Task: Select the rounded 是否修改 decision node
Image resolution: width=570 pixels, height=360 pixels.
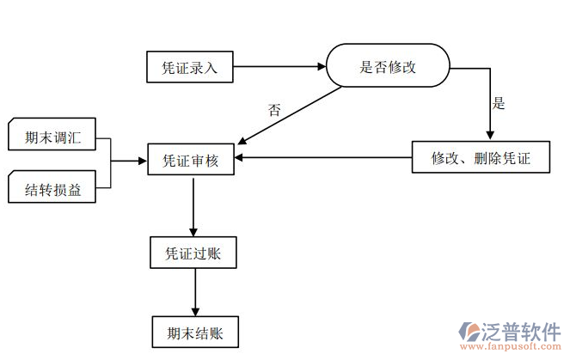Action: (387, 67)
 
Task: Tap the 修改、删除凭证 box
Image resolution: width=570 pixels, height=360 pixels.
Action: (481, 157)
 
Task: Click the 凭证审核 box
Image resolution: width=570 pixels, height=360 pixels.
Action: (190, 159)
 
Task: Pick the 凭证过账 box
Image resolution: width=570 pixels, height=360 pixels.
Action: (193, 253)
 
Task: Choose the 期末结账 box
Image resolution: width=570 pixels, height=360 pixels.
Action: (193, 332)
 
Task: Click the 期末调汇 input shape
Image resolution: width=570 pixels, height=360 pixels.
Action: (52, 137)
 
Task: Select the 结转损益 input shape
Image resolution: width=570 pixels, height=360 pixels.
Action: (52, 189)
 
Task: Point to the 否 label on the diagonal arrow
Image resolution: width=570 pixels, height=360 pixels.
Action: (274, 110)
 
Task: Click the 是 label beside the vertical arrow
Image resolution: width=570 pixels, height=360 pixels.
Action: (498, 104)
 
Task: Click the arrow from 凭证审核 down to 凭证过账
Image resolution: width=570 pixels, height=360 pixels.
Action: (193, 206)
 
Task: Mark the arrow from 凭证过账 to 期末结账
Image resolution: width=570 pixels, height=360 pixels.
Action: (195, 292)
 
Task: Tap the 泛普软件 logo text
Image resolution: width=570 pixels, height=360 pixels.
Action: (524, 331)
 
